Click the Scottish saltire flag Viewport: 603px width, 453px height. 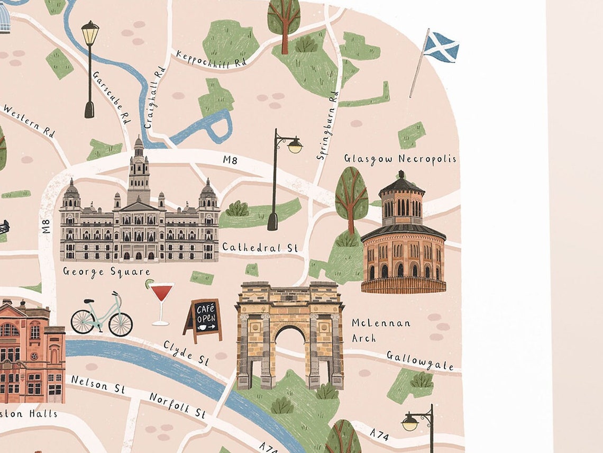(x=441, y=48)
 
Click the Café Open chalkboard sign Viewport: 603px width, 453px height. (x=203, y=320)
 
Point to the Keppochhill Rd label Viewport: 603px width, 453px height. (x=212, y=59)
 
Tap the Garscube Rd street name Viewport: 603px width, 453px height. (x=112, y=97)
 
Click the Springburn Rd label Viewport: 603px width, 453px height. (x=326, y=125)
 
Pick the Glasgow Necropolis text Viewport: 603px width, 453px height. (x=400, y=159)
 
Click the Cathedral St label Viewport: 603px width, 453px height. (x=260, y=247)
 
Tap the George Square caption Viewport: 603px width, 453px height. (x=106, y=272)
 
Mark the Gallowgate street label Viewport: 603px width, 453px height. (x=420, y=360)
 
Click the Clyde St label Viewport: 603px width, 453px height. (x=186, y=352)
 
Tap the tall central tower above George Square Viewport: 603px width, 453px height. (x=139, y=169)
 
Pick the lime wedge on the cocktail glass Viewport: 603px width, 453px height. (x=150, y=284)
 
